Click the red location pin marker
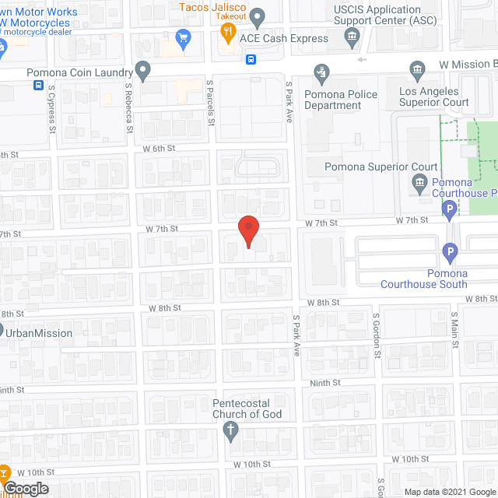(x=247, y=230)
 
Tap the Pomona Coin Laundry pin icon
(x=142, y=70)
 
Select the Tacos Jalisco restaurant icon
(x=228, y=32)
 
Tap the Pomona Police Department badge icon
(x=321, y=74)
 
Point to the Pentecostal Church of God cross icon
(x=230, y=433)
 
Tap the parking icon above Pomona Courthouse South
(x=449, y=251)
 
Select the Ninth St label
(x=325, y=382)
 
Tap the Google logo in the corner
(x=25, y=488)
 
